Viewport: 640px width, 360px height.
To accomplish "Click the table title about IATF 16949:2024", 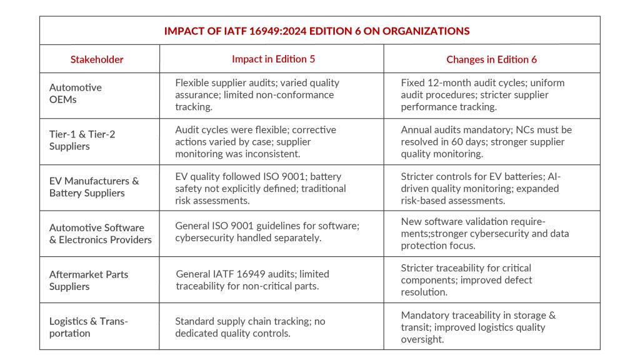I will [x=317, y=31].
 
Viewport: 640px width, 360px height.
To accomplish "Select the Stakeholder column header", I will [x=97, y=59].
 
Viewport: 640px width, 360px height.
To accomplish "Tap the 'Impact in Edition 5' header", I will [x=273, y=59].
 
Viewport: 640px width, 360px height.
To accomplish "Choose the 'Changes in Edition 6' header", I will [x=491, y=59].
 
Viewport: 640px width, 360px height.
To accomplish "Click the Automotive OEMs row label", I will [x=76, y=94].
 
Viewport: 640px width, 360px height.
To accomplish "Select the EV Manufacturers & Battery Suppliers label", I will [x=94, y=187].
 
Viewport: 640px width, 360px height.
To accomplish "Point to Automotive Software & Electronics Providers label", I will [x=101, y=234].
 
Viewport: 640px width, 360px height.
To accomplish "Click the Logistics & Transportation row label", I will [x=89, y=327].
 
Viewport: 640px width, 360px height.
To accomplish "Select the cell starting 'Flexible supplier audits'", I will [x=257, y=95].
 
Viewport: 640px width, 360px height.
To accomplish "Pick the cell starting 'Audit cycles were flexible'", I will [x=256, y=141].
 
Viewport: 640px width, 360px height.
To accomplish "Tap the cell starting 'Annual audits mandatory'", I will [x=486, y=141].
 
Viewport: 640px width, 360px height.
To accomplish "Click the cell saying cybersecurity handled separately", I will [x=267, y=234].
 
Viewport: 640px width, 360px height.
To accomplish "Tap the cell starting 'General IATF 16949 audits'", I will [x=252, y=280].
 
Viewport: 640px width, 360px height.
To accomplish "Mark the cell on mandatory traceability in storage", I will [x=478, y=327].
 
